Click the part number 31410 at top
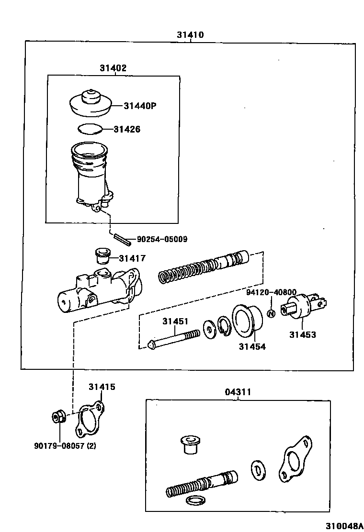[190, 34]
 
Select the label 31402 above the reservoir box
[113, 68]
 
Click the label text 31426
[127, 129]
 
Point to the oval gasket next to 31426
[90, 128]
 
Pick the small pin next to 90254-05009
[123, 238]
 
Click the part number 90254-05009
[162, 239]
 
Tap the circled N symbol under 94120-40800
[271, 314]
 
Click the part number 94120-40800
[271, 292]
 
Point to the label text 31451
[175, 321]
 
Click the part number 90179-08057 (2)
[65, 446]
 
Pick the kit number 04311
[238, 392]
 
